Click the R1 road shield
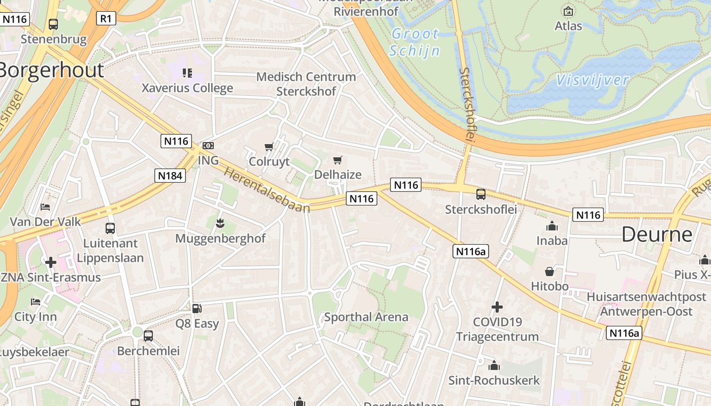click(x=106, y=19)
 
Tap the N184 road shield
click(x=170, y=176)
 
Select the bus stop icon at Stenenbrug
click(x=53, y=24)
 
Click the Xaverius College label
click(x=187, y=88)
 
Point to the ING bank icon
click(x=208, y=146)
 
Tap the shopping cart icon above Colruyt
click(x=269, y=147)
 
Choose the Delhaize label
click(x=338, y=175)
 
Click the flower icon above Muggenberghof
click(x=220, y=223)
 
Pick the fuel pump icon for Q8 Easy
click(x=197, y=308)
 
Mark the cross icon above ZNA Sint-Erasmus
click(x=50, y=262)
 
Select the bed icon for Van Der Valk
click(x=45, y=207)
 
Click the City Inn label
click(x=36, y=317)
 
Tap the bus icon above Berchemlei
click(x=148, y=335)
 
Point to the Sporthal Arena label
click(x=366, y=317)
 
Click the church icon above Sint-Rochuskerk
click(x=494, y=365)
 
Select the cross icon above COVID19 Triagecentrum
click(x=497, y=307)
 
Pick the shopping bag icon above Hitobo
click(x=550, y=272)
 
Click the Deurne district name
click(x=657, y=234)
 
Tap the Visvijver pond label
click(x=592, y=80)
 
